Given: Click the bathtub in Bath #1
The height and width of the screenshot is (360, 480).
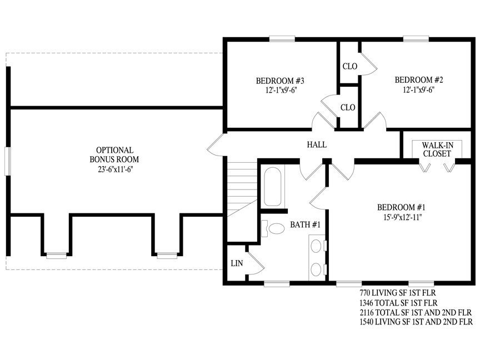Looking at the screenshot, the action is coord(272,187).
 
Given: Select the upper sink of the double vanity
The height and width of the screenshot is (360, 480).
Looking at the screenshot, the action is coord(316,246).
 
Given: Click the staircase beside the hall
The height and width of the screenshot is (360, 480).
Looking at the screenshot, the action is coord(242,189).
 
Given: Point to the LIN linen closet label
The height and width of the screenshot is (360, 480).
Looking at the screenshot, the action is coord(237,263).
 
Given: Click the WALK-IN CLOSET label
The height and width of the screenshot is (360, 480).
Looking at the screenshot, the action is coord(437,149).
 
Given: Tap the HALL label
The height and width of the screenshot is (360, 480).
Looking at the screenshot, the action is coord(317,144).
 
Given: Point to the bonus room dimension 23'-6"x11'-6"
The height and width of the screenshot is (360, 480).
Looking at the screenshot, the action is coord(116,169).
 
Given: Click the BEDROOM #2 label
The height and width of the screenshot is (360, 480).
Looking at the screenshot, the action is coord(419,80).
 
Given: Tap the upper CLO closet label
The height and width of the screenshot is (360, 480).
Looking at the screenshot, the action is coord(350,66).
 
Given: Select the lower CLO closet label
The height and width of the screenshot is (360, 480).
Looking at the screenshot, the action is coord(348,107).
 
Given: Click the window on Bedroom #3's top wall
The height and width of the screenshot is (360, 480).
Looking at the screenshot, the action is coord(282,39).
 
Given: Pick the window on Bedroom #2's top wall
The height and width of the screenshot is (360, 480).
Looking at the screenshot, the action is coord(416,39).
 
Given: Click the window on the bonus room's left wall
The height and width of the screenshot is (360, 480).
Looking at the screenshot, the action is coord(8,161).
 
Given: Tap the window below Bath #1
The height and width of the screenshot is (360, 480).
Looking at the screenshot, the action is coord(277,284).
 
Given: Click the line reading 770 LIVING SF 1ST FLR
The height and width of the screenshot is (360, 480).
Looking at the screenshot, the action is coord(398,293).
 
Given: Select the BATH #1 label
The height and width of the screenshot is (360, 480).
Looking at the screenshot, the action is coord(305,224).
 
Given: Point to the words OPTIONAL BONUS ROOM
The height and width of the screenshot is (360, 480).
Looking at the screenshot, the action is coord(114,154).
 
